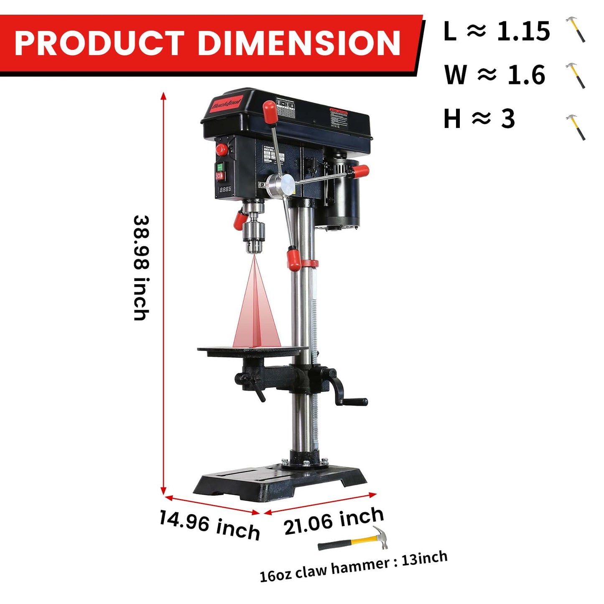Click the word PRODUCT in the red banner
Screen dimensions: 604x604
(99, 43)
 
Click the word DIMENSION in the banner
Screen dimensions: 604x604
(298, 43)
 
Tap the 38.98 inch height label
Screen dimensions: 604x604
(141, 268)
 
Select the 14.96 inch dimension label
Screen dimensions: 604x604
(209, 525)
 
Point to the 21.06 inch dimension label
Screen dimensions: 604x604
(334, 521)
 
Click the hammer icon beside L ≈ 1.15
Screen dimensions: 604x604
(576, 29)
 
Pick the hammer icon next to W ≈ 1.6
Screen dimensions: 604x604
(576, 75)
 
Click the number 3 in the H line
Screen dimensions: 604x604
(508, 119)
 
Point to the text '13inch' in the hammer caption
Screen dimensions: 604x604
(424, 558)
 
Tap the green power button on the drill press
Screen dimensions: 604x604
(219, 167)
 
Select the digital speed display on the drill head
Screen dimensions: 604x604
(225, 189)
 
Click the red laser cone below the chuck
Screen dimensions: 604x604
(256, 311)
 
